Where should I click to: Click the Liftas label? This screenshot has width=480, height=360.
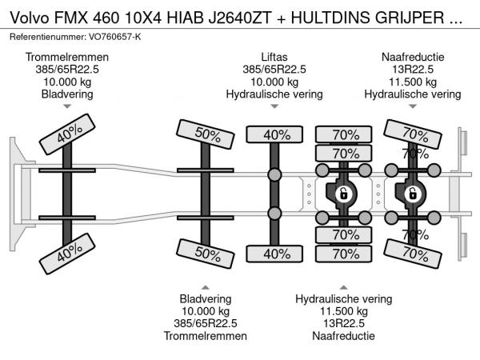click(x=274, y=58)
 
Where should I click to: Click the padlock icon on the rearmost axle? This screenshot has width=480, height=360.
click(x=413, y=193)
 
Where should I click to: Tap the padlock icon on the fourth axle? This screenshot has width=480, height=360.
click(x=342, y=193)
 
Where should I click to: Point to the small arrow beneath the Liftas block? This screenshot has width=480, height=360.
click(x=274, y=106)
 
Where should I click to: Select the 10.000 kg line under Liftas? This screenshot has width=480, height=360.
click(x=274, y=82)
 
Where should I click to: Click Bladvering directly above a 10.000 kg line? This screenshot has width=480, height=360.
click(x=206, y=298)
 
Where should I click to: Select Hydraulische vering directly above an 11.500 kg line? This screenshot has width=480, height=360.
click(x=344, y=298)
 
